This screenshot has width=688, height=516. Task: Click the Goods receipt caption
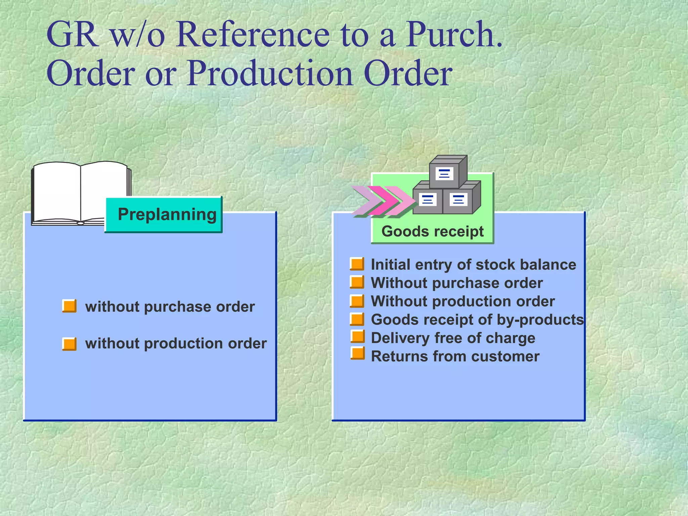pos(432,231)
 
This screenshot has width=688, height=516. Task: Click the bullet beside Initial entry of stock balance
pos(357,264)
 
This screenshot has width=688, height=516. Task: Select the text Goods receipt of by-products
pos(477,319)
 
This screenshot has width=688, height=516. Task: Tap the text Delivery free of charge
pos(453,338)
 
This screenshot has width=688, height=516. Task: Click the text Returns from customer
pos(455,356)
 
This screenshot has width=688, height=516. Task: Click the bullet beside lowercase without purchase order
pos(69,306)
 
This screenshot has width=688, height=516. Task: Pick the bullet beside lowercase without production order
pos(69,344)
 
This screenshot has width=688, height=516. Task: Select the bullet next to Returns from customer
pos(357,353)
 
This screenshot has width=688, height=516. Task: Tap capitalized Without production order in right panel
pos(463,301)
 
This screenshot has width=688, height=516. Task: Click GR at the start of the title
pos(72,35)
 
